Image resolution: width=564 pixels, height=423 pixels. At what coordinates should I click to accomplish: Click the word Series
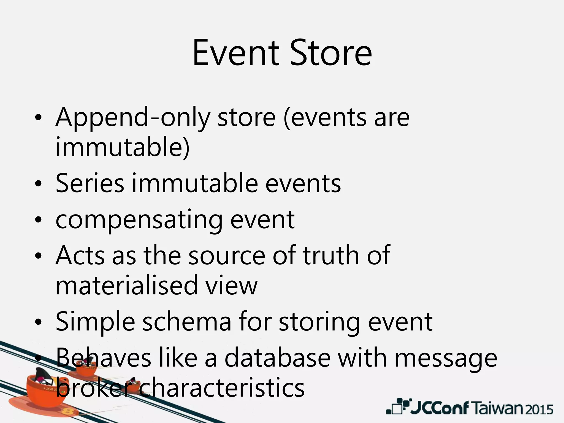pos(90,183)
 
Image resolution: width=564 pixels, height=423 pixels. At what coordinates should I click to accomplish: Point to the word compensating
pos(139,220)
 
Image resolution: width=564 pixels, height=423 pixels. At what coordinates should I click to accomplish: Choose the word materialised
pos(127,285)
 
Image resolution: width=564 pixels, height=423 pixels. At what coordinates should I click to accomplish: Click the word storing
pos(319,322)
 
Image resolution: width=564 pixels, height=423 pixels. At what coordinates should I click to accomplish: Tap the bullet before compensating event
pos(38,220)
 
